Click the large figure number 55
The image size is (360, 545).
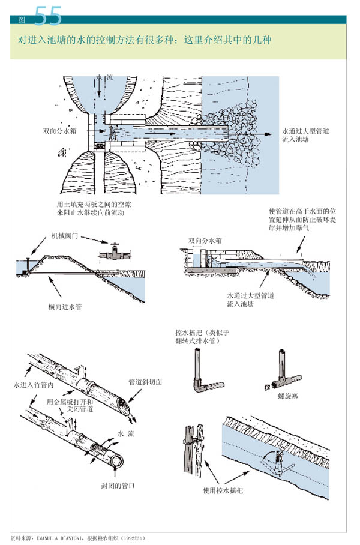48,16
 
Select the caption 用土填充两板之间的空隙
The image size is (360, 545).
94,205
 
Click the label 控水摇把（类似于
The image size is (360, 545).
202,331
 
